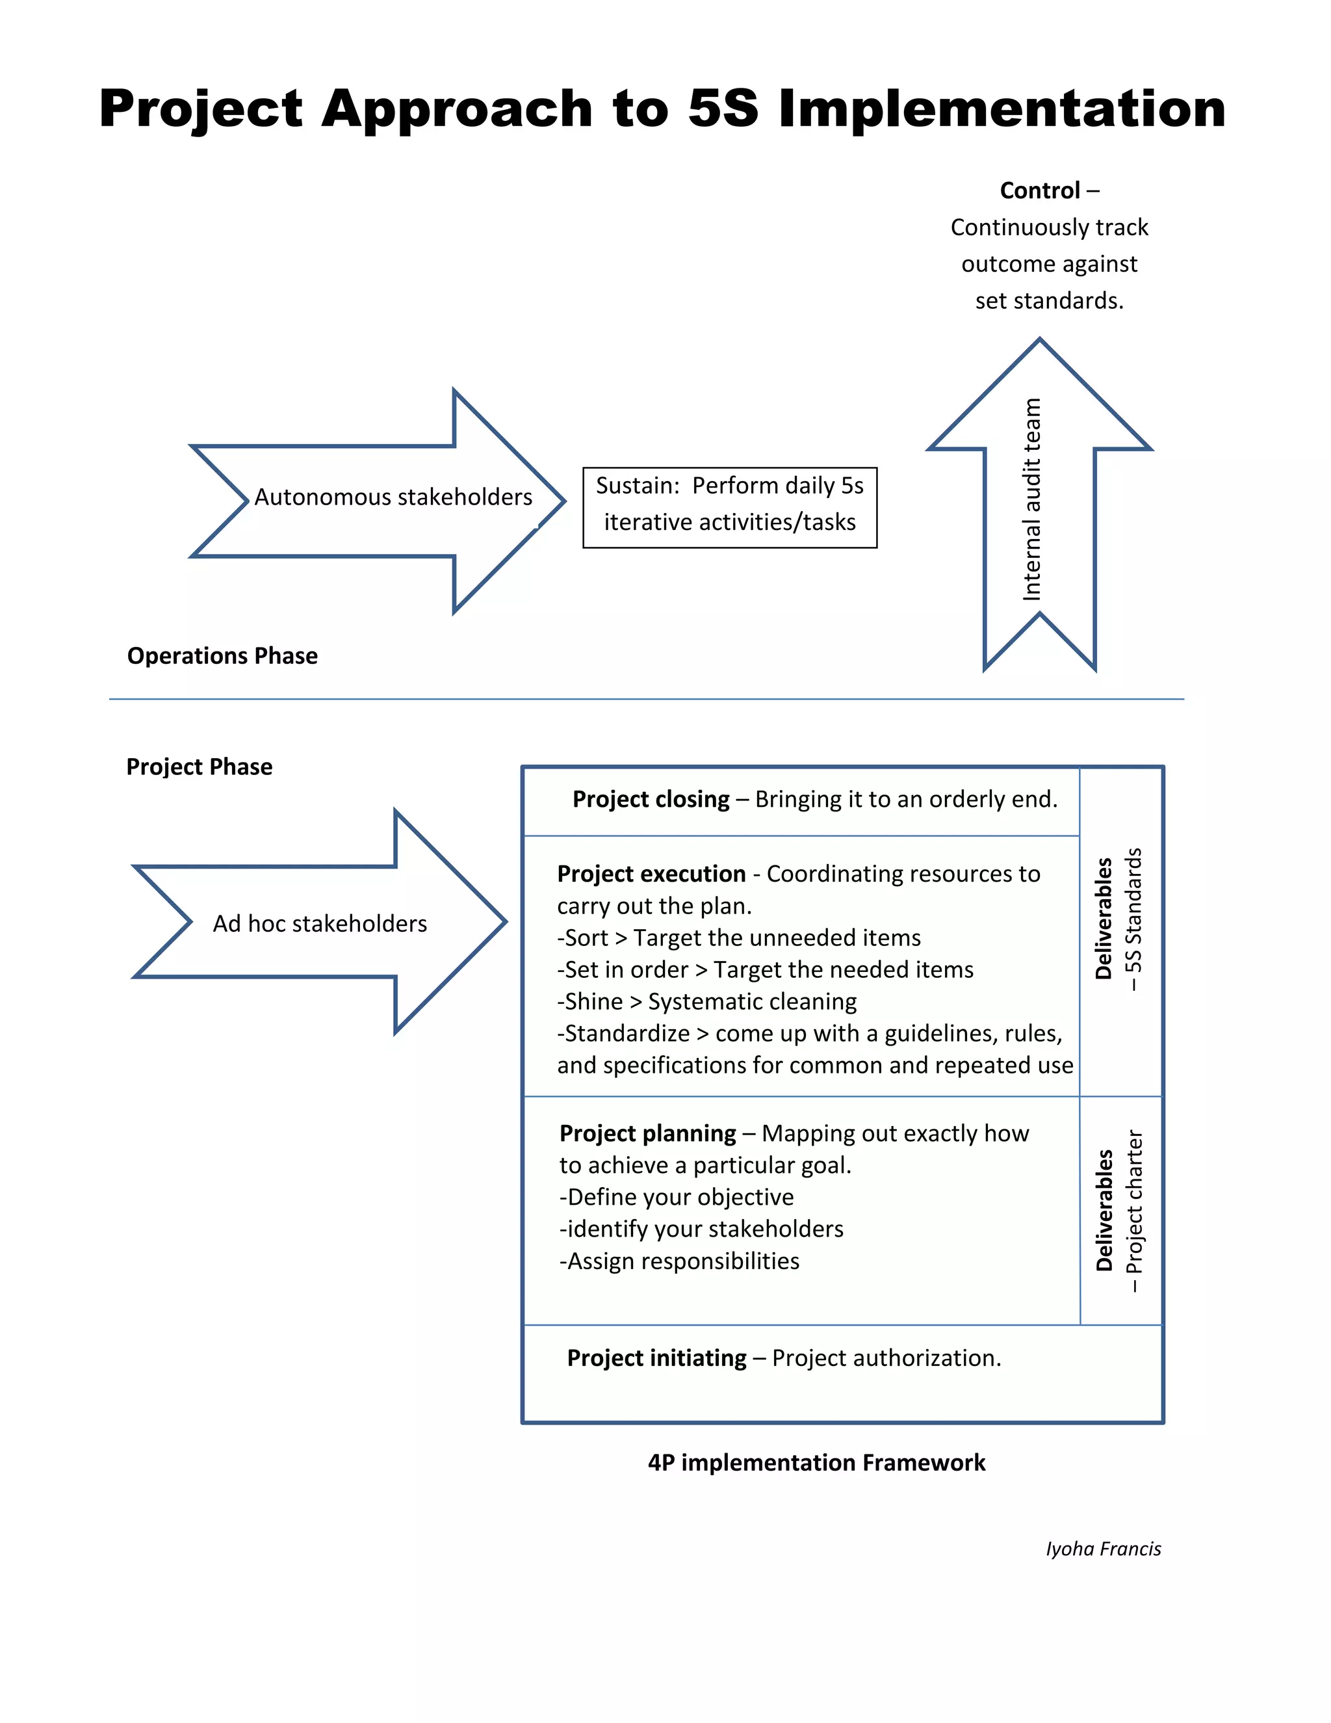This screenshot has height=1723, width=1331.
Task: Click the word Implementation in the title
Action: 1001,108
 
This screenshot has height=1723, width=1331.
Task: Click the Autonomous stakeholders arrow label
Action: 393,497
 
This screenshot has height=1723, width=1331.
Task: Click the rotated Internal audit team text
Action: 1031,499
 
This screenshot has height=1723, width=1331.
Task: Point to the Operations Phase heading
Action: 222,655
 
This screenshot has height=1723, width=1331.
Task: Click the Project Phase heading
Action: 200,767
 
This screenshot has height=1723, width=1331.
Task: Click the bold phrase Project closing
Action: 651,799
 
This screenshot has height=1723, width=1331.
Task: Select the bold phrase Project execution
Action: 651,873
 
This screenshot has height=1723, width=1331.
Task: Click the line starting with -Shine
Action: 706,1001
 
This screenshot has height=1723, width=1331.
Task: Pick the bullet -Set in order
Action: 765,969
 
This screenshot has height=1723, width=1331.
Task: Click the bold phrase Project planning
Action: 647,1133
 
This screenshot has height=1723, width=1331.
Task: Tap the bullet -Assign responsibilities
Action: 679,1261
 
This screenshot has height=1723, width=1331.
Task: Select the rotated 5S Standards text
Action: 1133,919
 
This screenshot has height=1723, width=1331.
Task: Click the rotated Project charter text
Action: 1133,1211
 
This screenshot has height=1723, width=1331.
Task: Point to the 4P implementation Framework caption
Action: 816,1463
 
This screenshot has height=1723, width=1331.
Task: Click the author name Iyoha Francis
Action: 1102,1549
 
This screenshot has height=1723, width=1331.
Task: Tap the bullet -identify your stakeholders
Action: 701,1228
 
